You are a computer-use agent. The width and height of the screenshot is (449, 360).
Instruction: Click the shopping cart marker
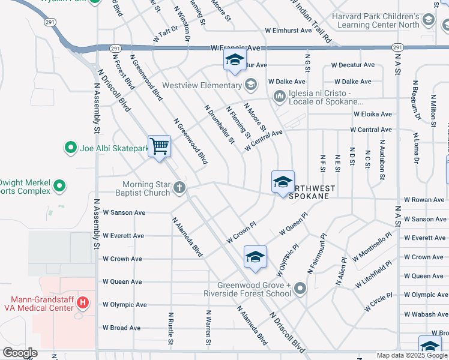[159, 146]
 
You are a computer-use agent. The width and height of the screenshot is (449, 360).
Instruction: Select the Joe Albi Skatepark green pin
[71, 147]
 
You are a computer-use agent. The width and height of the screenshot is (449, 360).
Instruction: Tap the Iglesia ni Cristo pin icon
[279, 96]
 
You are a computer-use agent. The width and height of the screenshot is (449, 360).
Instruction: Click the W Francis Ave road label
[235, 47]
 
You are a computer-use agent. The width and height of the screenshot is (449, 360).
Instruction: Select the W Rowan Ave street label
[424, 200]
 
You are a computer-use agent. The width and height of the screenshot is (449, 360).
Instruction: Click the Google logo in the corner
[20, 353]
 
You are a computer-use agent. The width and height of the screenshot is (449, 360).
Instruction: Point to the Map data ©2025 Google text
[411, 355]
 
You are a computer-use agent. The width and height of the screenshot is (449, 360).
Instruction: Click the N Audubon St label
[381, 161]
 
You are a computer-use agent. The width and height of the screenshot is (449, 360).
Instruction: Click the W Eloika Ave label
[372, 114]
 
